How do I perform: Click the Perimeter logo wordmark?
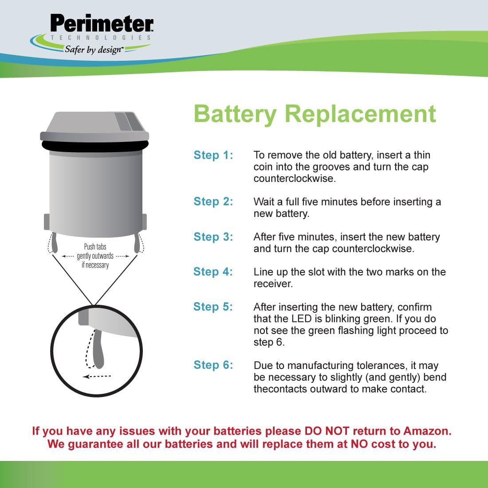[x=102, y=24]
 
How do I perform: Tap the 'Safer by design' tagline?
[x=93, y=49]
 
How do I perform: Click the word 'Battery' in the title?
[x=235, y=114]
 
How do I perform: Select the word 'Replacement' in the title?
[x=360, y=114]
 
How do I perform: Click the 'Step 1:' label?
[x=213, y=155]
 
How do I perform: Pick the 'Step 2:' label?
[x=213, y=201]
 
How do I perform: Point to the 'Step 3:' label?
[x=213, y=237]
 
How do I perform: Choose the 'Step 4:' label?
[x=213, y=272]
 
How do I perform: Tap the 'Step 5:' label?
[x=213, y=307]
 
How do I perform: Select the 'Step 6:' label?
[x=213, y=365]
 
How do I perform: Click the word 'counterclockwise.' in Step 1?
[x=295, y=178]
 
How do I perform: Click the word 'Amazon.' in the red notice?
[x=427, y=431]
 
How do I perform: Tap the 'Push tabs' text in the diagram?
[x=95, y=247]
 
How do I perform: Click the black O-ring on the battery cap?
[x=95, y=146]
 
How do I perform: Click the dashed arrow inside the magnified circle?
[x=98, y=376]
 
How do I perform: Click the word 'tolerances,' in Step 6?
[x=378, y=366]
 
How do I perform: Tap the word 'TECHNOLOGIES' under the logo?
[x=101, y=38]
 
